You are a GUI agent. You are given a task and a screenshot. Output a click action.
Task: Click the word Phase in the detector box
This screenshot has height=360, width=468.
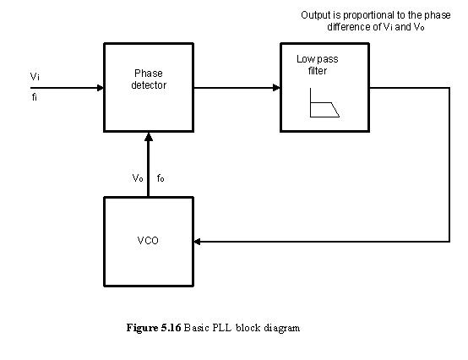(x=149, y=74)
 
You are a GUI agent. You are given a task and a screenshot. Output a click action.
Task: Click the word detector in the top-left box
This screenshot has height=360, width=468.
(x=149, y=85)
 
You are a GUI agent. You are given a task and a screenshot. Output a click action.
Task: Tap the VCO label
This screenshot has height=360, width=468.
(x=148, y=241)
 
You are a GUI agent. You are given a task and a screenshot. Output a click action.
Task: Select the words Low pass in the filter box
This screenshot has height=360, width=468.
(x=318, y=59)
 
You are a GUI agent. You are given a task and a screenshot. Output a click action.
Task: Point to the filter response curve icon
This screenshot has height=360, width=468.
(x=324, y=103)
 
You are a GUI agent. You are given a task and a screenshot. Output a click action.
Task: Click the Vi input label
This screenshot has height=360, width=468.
(x=35, y=77)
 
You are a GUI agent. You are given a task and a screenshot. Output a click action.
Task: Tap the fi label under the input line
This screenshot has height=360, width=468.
(x=35, y=97)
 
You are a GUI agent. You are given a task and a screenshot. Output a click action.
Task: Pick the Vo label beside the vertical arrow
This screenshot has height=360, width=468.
(x=138, y=178)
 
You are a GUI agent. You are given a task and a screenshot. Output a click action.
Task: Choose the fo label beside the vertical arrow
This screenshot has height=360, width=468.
(x=161, y=178)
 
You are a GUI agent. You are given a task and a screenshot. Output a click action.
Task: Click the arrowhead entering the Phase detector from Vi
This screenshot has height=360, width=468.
(x=100, y=88)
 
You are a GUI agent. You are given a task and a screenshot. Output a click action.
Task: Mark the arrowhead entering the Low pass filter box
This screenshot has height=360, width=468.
(x=276, y=88)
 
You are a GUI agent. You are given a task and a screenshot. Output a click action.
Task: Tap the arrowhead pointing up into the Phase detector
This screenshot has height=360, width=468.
(x=149, y=137)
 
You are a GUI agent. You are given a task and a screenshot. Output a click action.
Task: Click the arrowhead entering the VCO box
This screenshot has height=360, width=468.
(x=198, y=242)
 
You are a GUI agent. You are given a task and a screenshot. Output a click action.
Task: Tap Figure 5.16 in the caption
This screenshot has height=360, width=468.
(x=154, y=328)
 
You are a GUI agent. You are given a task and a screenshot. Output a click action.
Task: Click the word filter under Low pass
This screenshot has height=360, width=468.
(x=318, y=71)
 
